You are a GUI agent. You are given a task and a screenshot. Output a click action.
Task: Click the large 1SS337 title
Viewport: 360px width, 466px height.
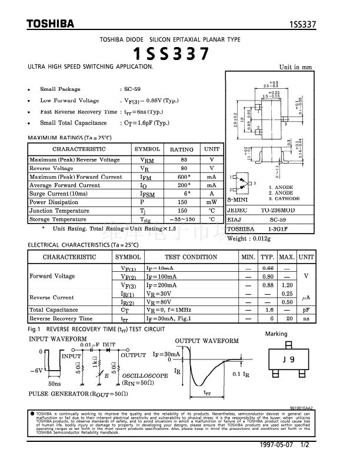click(171, 54)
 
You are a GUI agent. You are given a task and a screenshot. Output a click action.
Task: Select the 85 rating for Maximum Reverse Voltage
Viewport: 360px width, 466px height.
click(184, 159)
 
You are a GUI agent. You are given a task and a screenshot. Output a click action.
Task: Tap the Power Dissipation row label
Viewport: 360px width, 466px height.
click(54, 202)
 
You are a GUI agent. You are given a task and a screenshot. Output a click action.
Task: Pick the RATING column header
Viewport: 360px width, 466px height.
click(181, 149)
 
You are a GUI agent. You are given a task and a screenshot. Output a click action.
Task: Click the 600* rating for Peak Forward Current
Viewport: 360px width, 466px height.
click(184, 177)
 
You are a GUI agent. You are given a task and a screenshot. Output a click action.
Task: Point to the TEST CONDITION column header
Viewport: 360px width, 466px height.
click(191, 257)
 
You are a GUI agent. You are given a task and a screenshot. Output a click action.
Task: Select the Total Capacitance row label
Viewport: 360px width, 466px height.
click(54, 309)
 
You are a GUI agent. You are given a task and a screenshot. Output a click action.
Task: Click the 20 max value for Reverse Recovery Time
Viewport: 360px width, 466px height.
click(287, 318)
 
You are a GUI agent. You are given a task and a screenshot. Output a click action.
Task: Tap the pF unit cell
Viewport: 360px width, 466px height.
click(306, 309)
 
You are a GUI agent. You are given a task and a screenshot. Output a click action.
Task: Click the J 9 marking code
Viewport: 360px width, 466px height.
click(288, 360)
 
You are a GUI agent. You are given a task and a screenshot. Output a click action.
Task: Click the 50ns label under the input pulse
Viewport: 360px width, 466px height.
click(55, 383)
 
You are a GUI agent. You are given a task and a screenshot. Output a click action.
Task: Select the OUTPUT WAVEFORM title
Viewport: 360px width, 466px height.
click(207, 341)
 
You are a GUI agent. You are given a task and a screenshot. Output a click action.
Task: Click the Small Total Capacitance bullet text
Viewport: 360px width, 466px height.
click(74, 123)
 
